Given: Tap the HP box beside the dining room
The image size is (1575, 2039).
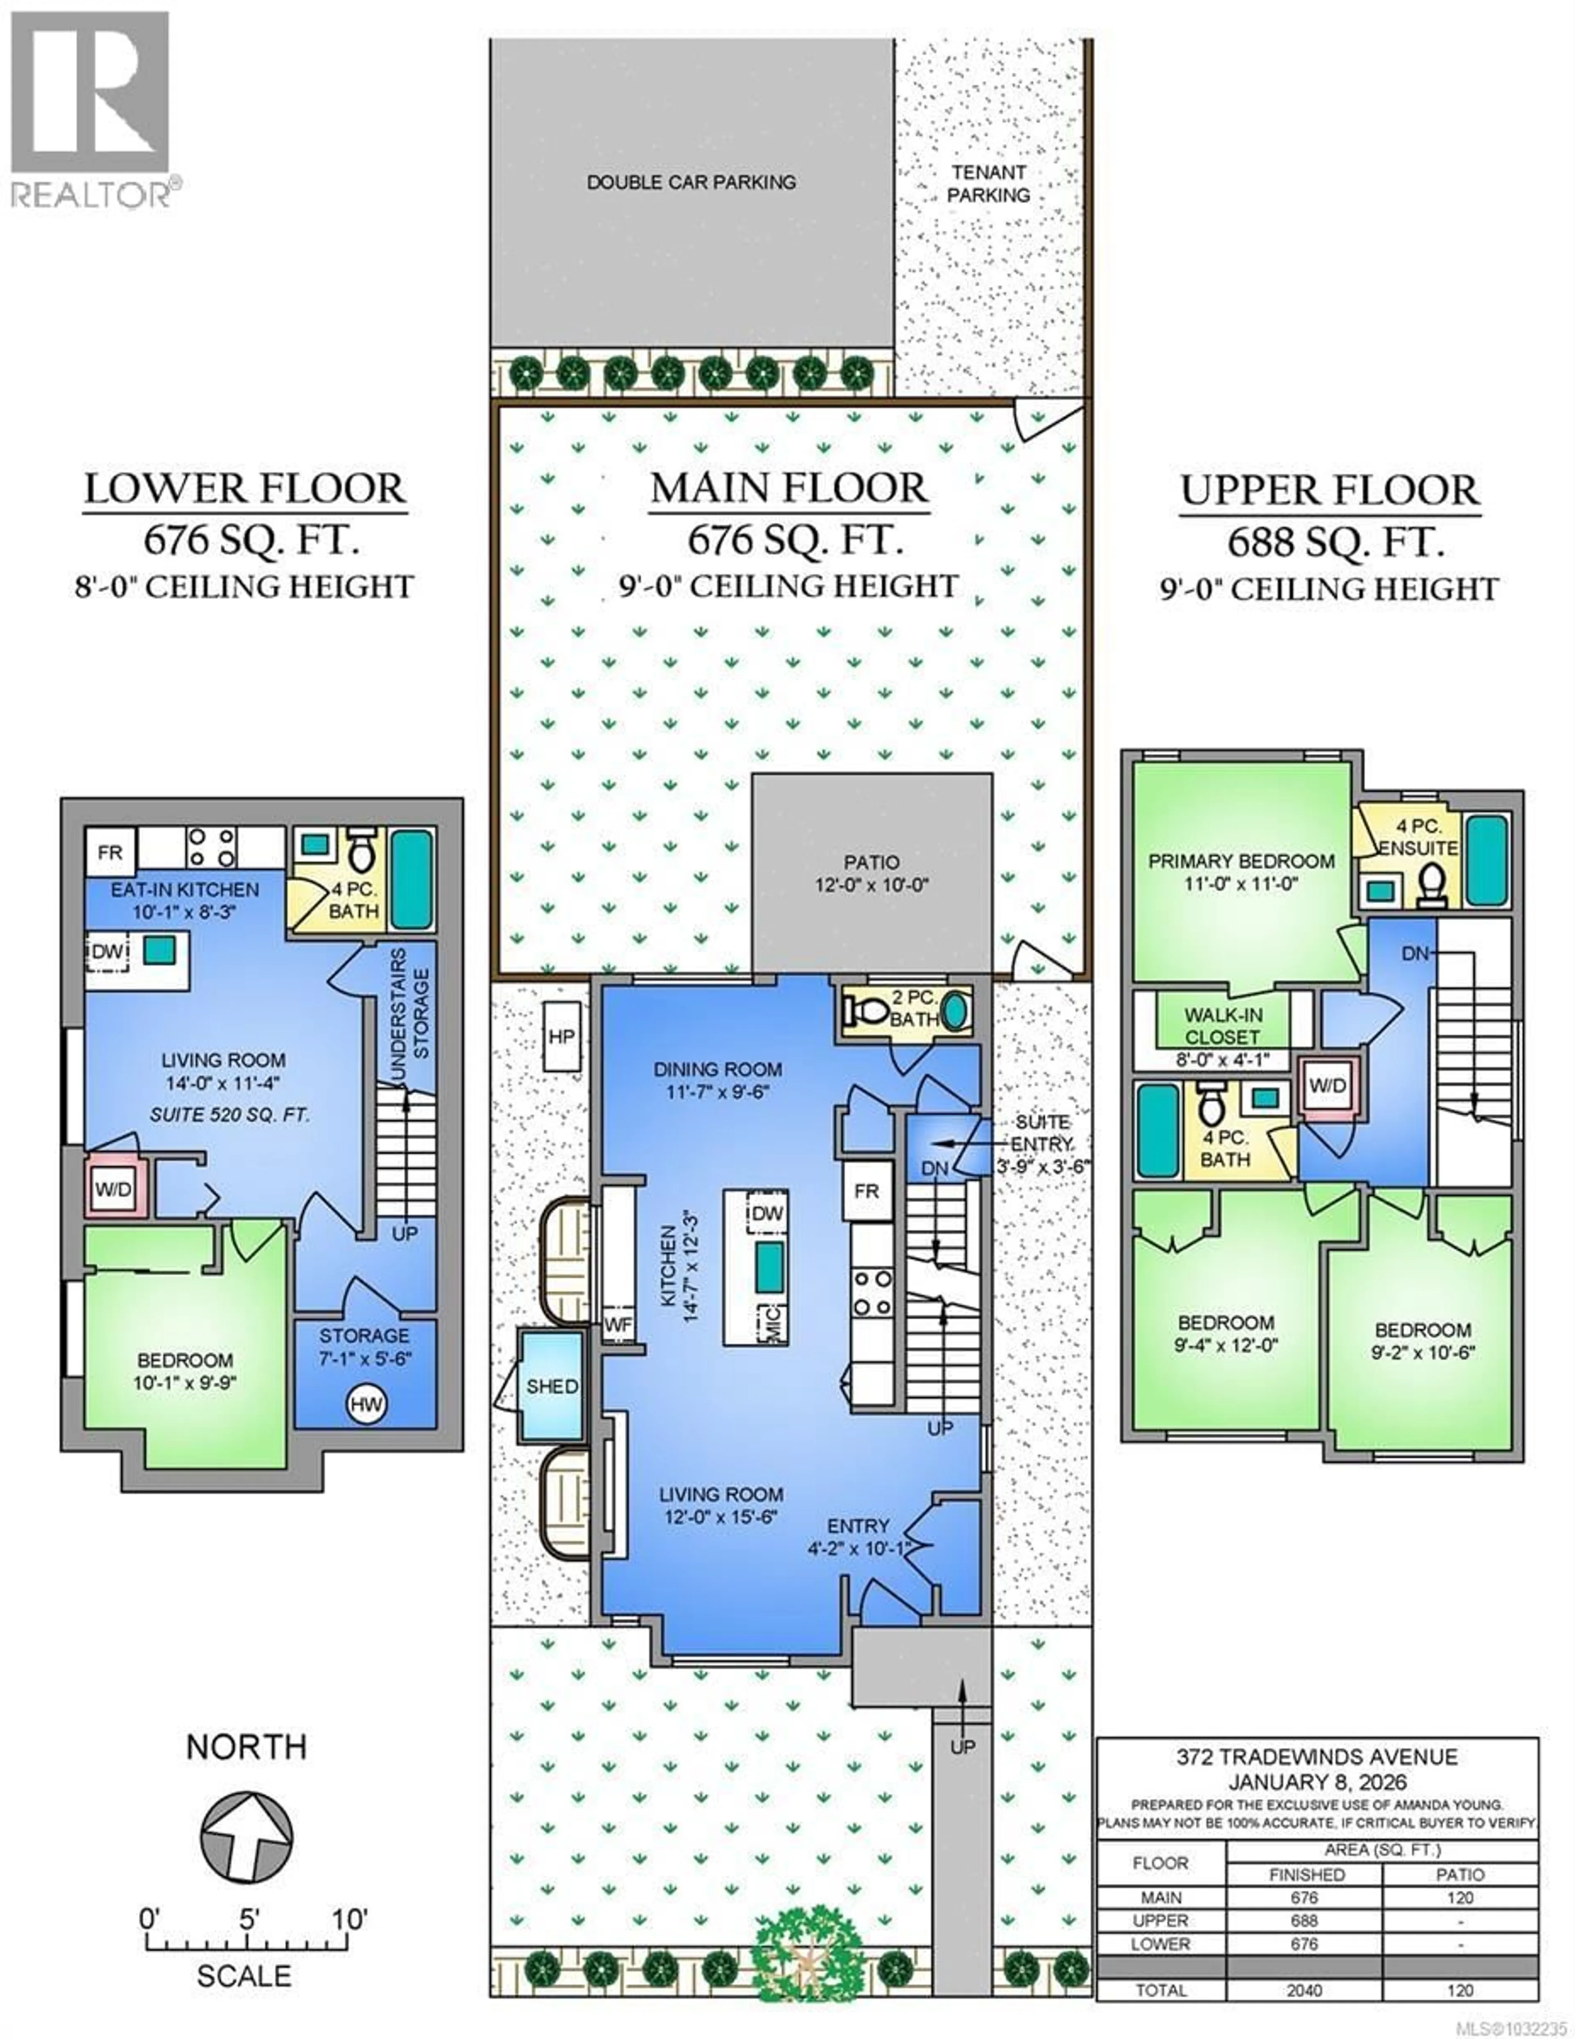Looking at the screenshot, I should click(x=561, y=1036).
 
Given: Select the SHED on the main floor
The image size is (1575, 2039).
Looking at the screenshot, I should click(x=552, y=1386).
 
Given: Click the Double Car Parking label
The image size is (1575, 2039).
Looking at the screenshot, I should click(x=691, y=182).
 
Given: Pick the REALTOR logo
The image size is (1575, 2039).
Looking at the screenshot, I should click(x=91, y=107).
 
